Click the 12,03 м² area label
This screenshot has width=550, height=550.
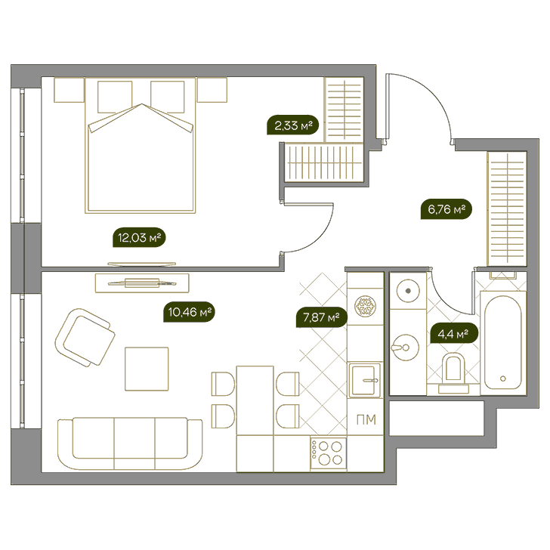click(139, 238)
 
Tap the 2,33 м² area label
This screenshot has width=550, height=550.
click(293, 125)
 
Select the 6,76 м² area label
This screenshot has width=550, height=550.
click(446, 210)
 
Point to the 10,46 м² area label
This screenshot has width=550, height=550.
click(189, 312)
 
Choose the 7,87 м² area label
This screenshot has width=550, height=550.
click(321, 318)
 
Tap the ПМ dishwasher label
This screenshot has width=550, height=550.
click(366, 419)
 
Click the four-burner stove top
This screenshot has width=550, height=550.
click(329, 453)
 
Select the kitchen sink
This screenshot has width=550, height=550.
click(365, 381)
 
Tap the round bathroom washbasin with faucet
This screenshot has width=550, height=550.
click(405, 348)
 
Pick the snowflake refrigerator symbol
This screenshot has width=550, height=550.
click(365, 306)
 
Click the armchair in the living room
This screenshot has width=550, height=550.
click(85, 338)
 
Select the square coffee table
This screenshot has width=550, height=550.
click(147, 369)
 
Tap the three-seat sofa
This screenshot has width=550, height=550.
click(130, 443)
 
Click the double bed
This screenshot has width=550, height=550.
click(141, 146)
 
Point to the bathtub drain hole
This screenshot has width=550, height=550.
click(503, 379)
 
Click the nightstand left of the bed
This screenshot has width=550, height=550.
click(69, 90)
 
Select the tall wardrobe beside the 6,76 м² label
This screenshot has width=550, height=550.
click(507, 209)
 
